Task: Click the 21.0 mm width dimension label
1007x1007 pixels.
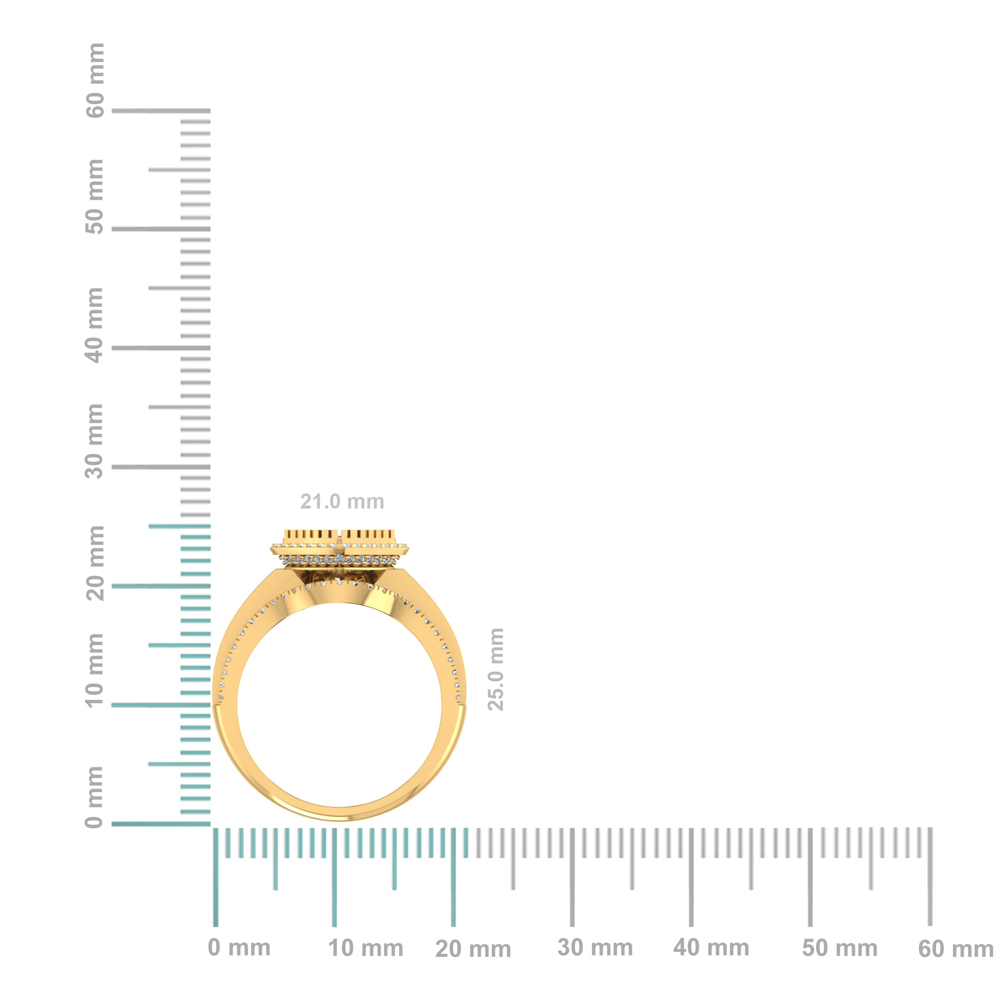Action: point(342,501)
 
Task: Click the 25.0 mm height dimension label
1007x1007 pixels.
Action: point(495,669)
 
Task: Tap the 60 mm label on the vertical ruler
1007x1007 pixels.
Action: point(95,81)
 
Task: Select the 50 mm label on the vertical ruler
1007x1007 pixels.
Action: point(95,197)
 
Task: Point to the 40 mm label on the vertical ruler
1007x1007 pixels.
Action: point(95,325)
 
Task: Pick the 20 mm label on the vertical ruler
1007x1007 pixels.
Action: point(95,563)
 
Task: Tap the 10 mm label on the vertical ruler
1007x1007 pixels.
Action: point(95,670)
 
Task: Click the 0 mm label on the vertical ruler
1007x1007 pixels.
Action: point(95,797)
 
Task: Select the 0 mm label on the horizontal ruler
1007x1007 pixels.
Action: point(239,948)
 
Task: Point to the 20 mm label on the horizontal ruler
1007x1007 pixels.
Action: point(473,949)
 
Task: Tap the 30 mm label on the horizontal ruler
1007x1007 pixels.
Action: point(595,948)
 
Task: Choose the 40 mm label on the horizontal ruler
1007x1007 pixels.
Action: point(711,948)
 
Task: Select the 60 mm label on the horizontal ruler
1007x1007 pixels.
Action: point(956,949)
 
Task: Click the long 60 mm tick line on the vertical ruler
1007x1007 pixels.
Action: point(161,111)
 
